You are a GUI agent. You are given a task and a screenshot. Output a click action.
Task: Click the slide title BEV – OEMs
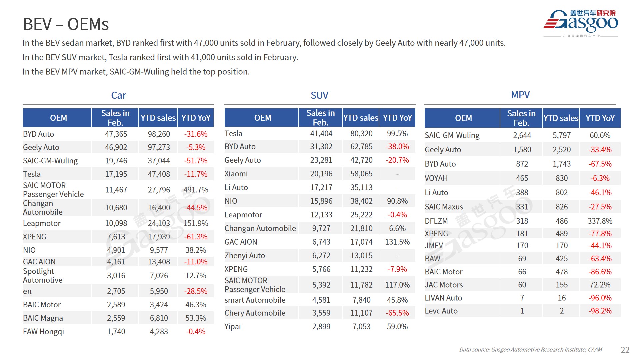point(66,24)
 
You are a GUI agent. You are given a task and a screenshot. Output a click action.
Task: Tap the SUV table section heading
point(319,96)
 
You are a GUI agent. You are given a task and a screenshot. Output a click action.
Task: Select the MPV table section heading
point(520,95)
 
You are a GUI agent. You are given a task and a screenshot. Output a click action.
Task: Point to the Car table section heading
point(118,96)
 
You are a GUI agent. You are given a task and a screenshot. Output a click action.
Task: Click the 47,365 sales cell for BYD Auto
point(116,134)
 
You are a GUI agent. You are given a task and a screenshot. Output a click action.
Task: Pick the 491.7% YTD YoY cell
point(196,190)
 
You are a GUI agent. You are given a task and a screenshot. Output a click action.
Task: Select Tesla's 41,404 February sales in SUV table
point(321,134)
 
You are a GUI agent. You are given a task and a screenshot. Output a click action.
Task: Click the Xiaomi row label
point(236,174)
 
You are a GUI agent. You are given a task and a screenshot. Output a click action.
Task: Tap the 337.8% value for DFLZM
point(600,221)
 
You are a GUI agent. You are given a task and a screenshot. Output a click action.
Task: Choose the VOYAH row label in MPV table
point(436,178)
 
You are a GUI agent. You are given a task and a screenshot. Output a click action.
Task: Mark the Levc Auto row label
point(441,311)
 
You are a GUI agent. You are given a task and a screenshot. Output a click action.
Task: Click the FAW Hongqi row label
point(43,332)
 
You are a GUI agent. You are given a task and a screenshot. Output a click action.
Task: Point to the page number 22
point(625,350)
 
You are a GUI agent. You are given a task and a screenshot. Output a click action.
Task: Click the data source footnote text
point(530,350)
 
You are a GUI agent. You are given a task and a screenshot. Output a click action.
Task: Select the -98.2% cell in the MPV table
point(600,311)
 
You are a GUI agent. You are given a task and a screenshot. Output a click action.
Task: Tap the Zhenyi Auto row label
point(245,256)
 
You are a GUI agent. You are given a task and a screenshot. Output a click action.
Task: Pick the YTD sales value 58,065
point(361,174)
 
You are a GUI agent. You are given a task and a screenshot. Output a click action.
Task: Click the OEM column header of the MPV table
point(463,118)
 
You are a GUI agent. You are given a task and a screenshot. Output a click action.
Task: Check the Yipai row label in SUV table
point(233,327)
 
